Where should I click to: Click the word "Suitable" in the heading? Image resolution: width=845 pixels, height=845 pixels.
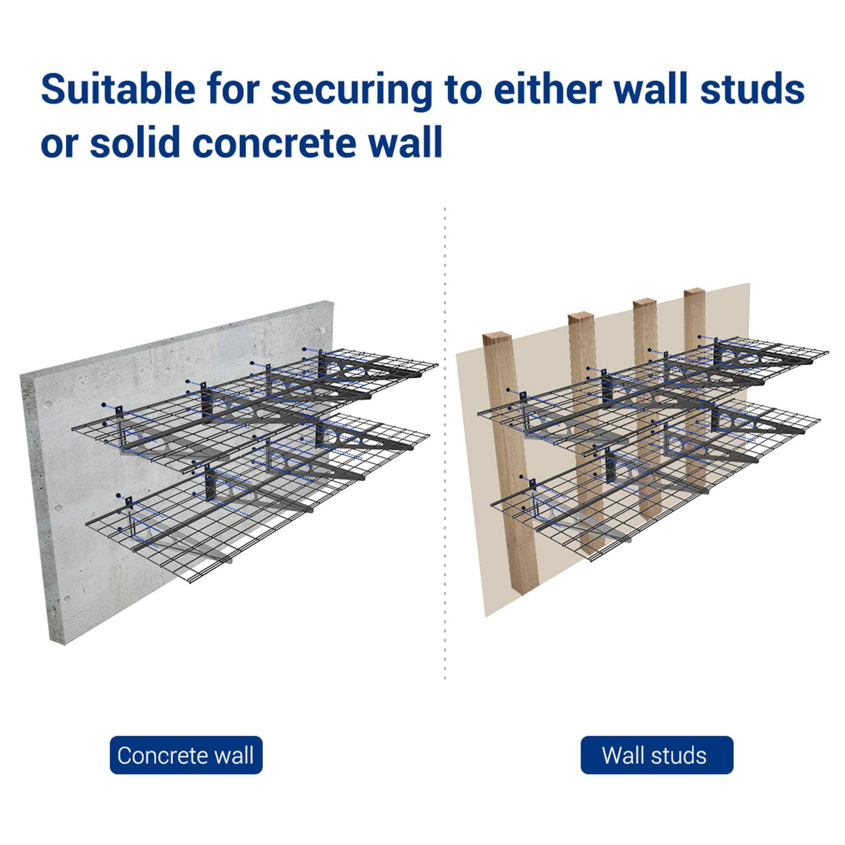click(118, 89)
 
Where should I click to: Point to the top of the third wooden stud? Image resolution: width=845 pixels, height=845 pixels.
click(645, 303)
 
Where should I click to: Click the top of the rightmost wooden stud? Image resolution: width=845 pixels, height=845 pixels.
click(695, 292)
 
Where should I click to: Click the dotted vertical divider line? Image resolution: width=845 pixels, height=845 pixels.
click(445, 437)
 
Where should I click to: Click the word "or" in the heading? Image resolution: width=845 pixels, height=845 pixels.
click(59, 142)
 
